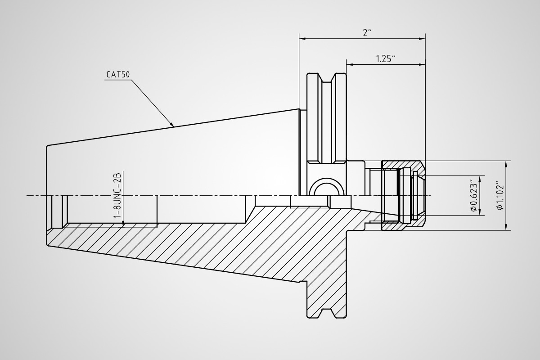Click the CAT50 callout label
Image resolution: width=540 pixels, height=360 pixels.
[118, 75]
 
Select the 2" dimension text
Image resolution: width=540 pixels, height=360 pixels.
[367, 33]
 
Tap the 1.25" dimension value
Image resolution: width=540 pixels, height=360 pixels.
[386, 58]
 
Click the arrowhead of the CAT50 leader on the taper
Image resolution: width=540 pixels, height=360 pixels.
[171, 124]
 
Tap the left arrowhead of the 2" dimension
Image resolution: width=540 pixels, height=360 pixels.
[302, 39]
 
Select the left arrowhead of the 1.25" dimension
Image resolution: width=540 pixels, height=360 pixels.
[350, 65]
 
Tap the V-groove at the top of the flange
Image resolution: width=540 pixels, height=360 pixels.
[327, 78]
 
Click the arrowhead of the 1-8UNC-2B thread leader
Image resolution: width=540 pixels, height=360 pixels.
[123, 224]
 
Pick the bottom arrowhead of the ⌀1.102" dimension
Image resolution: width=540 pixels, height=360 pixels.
[506, 227]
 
